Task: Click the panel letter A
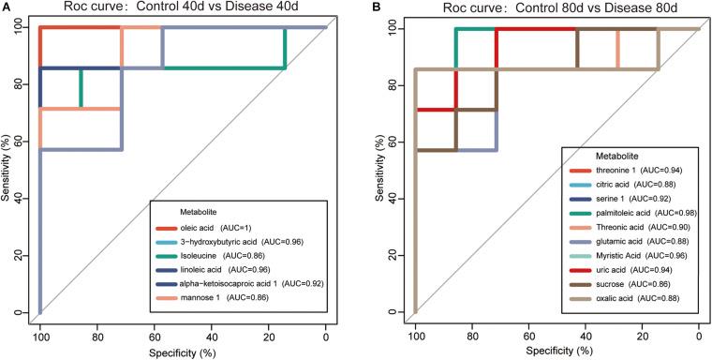tap(7, 8)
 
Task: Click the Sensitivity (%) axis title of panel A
tap(7, 170)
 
